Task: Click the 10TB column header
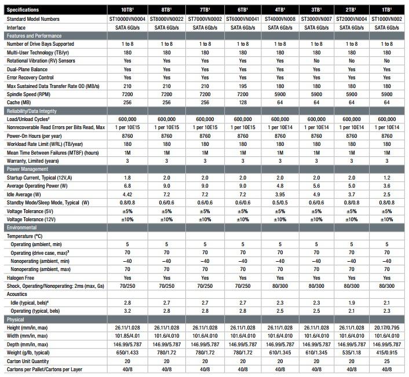pyautogui.click(x=127, y=10)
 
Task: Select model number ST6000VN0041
pyautogui.click(x=243, y=19)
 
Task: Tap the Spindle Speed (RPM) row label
pyautogui.click(x=28, y=94)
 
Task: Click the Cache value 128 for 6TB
pyautogui.click(x=243, y=103)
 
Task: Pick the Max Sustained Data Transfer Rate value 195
pyautogui.click(x=243, y=86)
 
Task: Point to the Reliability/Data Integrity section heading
pyautogui.click(x=31, y=111)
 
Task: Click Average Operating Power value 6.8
pyautogui.click(x=127, y=186)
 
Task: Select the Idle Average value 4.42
pyautogui.click(x=127, y=195)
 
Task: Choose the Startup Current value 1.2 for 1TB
pyautogui.click(x=386, y=178)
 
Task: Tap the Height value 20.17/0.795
pyautogui.click(x=386, y=328)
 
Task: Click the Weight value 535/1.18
pyautogui.click(x=351, y=353)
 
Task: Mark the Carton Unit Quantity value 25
pyautogui.click(x=386, y=361)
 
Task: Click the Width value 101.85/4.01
pyautogui.click(x=127, y=336)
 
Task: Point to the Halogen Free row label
pyautogui.click(x=20, y=278)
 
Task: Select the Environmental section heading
pyautogui.click(x=21, y=228)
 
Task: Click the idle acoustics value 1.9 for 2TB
pyautogui.click(x=351, y=303)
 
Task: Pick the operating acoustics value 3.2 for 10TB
pyautogui.click(x=127, y=311)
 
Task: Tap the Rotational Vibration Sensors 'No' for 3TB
pyautogui.click(x=316, y=61)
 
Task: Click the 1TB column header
pyautogui.click(x=386, y=10)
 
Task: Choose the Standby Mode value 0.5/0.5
pyautogui.click(x=280, y=203)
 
